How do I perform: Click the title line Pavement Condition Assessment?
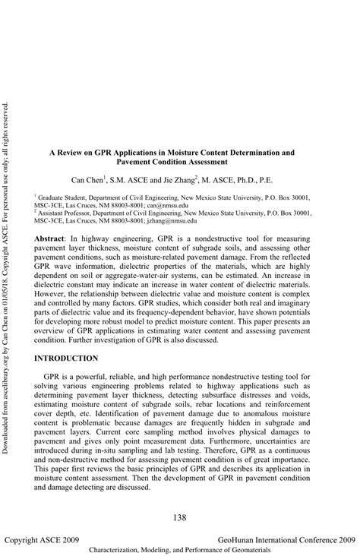click(x=172, y=162)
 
